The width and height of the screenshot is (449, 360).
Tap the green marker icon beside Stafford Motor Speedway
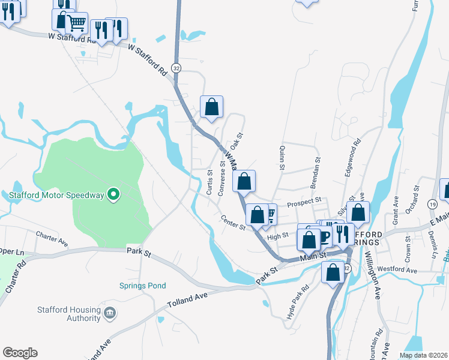click(x=113, y=194)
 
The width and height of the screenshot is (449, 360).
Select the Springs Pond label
click(x=142, y=286)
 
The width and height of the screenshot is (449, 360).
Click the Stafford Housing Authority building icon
click(x=109, y=313)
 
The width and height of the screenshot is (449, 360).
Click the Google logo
click(x=20, y=353)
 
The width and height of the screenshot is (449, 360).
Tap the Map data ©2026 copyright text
click(x=423, y=355)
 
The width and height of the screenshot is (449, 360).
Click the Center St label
click(x=233, y=223)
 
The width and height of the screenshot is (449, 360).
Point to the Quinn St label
click(x=280, y=160)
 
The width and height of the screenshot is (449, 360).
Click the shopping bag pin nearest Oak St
click(x=211, y=107)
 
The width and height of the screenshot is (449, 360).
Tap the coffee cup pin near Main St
click(x=324, y=236)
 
